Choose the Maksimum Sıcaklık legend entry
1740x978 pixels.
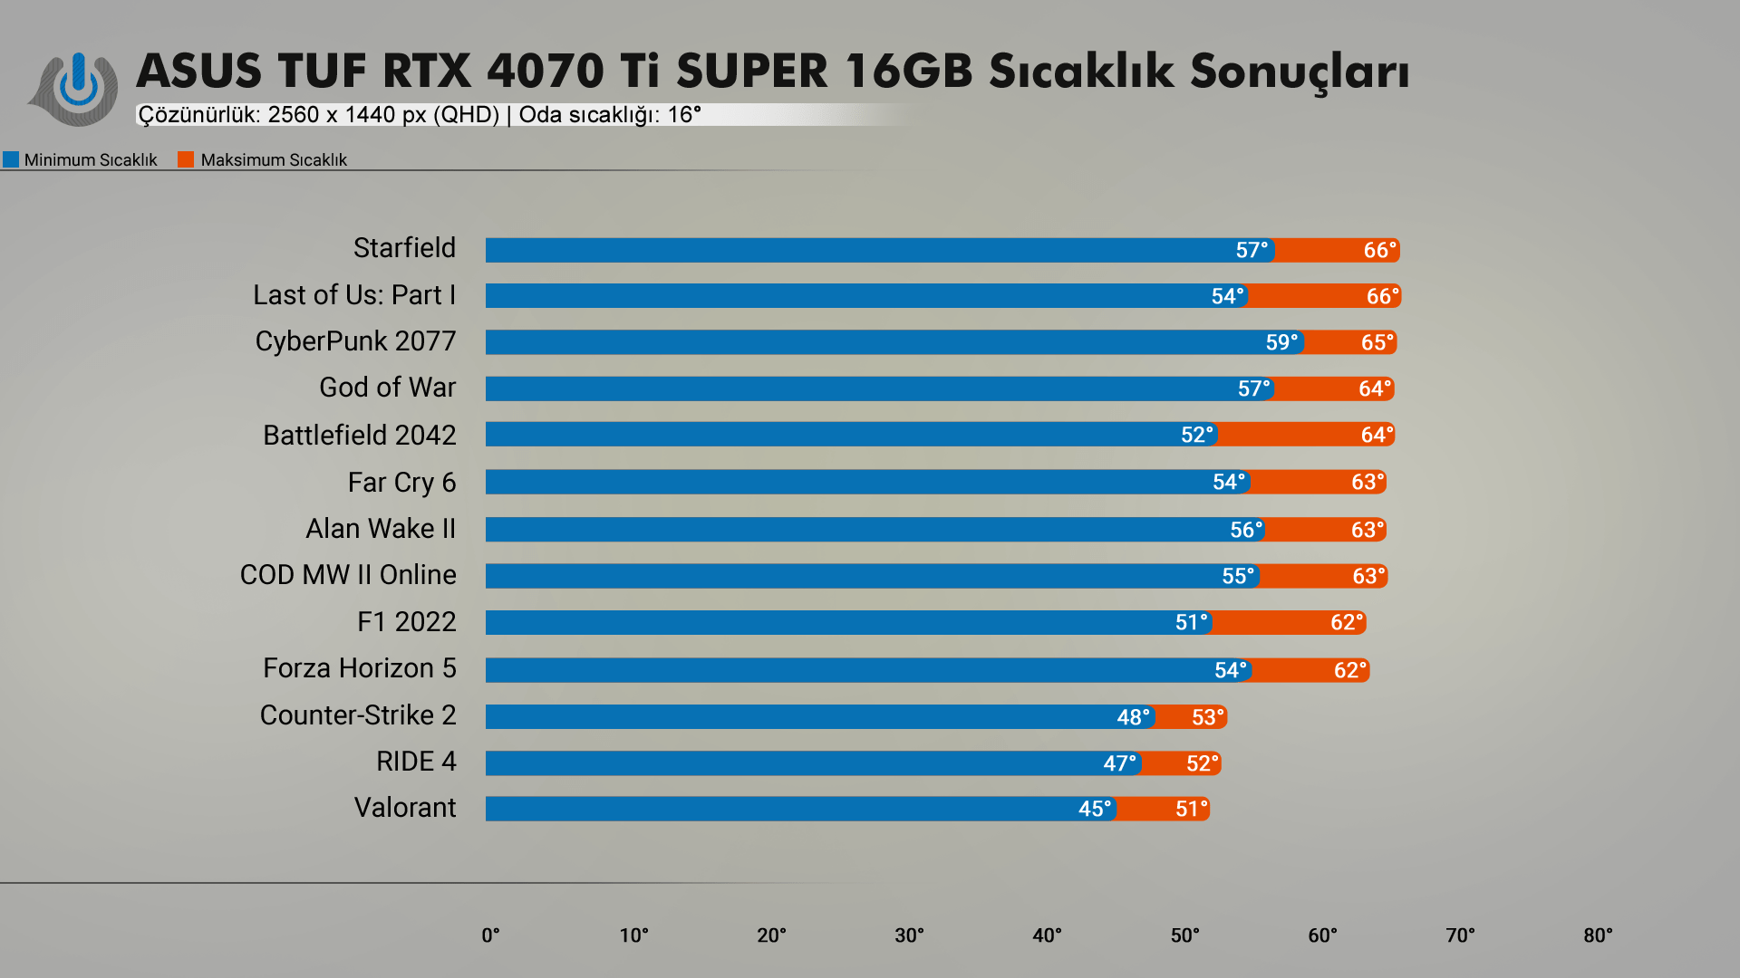[263, 160]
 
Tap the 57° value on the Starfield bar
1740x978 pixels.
[1252, 250]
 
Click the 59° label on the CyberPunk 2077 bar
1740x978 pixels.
[1281, 342]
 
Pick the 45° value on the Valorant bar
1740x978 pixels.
[1094, 809]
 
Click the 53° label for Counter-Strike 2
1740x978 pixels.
[1208, 717]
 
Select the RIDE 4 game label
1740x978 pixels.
[416, 762]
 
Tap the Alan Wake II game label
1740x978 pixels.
[381, 529]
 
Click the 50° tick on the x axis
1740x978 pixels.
[1184, 935]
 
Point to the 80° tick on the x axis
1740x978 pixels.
[1598, 935]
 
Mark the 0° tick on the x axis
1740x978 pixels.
[490, 935]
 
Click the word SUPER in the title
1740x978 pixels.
[751, 72]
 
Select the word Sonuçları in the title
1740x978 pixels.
[1299, 72]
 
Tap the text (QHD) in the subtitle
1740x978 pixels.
[466, 115]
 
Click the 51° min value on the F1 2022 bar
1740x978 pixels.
[1191, 623]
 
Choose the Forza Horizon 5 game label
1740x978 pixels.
[359, 668]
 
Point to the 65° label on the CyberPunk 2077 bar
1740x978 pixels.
[1377, 342]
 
